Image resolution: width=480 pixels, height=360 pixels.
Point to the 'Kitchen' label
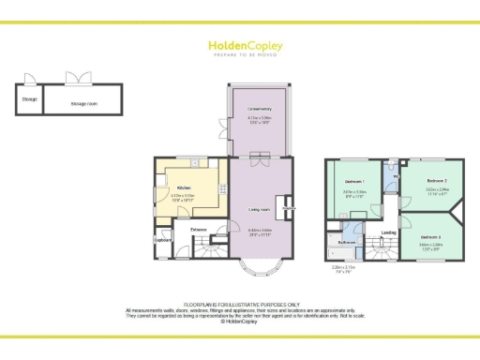point(172,187)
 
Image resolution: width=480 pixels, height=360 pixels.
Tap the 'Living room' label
point(260,209)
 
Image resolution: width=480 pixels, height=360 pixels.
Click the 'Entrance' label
point(199,229)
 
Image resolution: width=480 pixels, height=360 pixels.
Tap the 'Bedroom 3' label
point(429,235)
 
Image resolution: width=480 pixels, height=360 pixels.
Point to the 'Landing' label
point(387,234)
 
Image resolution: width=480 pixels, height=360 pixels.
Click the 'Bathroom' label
point(347,242)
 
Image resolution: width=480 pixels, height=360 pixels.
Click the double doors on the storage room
point(74,79)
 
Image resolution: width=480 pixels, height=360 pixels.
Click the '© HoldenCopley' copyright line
point(240,321)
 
